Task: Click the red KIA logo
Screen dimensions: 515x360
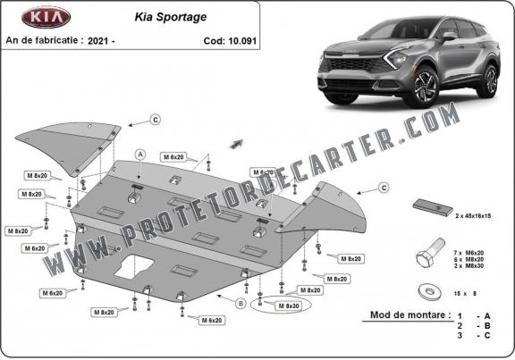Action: tap(46, 17)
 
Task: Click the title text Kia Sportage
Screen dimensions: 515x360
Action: tap(171, 17)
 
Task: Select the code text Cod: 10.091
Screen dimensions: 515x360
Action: tap(230, 41)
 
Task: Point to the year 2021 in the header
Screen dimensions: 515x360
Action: tap(97, 41)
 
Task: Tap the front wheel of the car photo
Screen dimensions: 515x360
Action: tap(424, 88)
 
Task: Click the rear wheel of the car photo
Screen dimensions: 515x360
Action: tap(490, 81)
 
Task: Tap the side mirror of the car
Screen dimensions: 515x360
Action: tap(449, 36)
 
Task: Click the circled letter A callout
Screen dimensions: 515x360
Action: tap(140, 155)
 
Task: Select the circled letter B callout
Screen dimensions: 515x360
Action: tap(241, 304)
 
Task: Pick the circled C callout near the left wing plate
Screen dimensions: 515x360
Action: tap(156, 120)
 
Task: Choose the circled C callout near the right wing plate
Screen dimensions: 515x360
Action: tap(384, 188)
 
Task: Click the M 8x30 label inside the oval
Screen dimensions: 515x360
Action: tap(289, 306)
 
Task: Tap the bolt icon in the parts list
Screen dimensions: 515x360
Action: tap(430, 253)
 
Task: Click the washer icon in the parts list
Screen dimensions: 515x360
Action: tap(430, 291)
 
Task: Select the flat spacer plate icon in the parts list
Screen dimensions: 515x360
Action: tap(433, 207)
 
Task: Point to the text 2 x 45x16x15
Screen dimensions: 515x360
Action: tap(473, 216)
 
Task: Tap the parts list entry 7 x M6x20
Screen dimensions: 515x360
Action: tap(469, 253)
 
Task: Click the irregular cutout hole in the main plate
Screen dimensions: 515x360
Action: tap(134, 266)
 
